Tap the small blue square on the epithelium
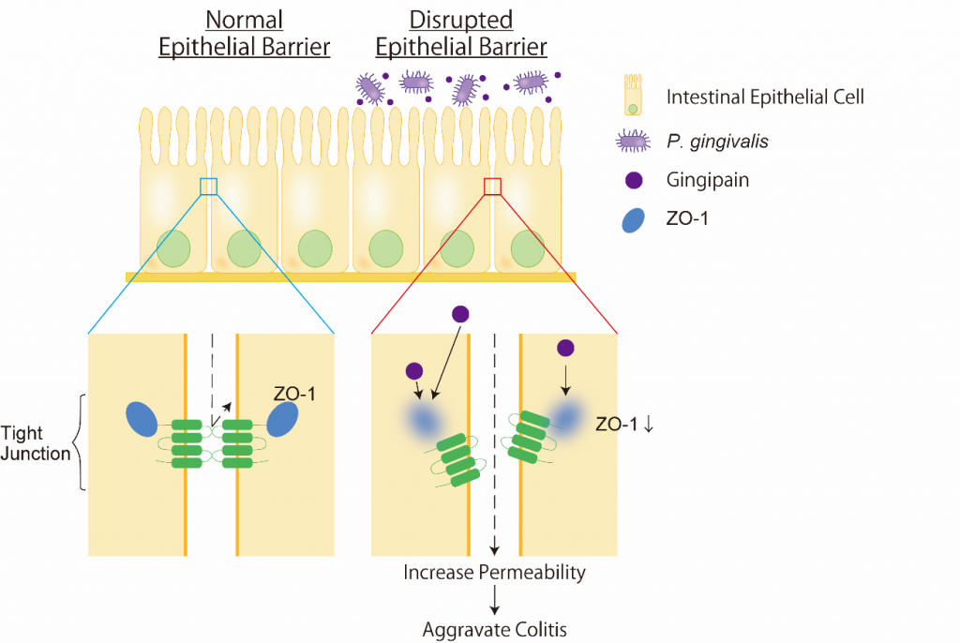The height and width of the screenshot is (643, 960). pyautogui.click(x=208, y=187)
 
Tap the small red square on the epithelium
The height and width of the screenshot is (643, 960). pyautogui.click(x=492, y=187)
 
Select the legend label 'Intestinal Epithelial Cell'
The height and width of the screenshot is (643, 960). pyautogui.click(x=765, y=96)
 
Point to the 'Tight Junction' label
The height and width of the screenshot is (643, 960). pyautogui.click(x=35, y=444)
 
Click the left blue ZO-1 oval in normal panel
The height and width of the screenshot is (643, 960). pyautogui.click(x=142, y=419)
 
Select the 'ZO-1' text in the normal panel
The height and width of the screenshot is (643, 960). pyautogui.click(x=294, y=395)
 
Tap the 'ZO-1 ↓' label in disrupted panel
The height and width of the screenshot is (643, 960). pyautogui.click(x=625, y=424)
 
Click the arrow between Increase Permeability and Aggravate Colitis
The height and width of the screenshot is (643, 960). pyautogui.click(x=494, y=600)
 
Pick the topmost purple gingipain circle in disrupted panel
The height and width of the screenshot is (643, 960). pyautogui.click(x=460, y=314)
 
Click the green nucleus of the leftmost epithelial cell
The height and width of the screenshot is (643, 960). pyautogui.click(x=173, y=248)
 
